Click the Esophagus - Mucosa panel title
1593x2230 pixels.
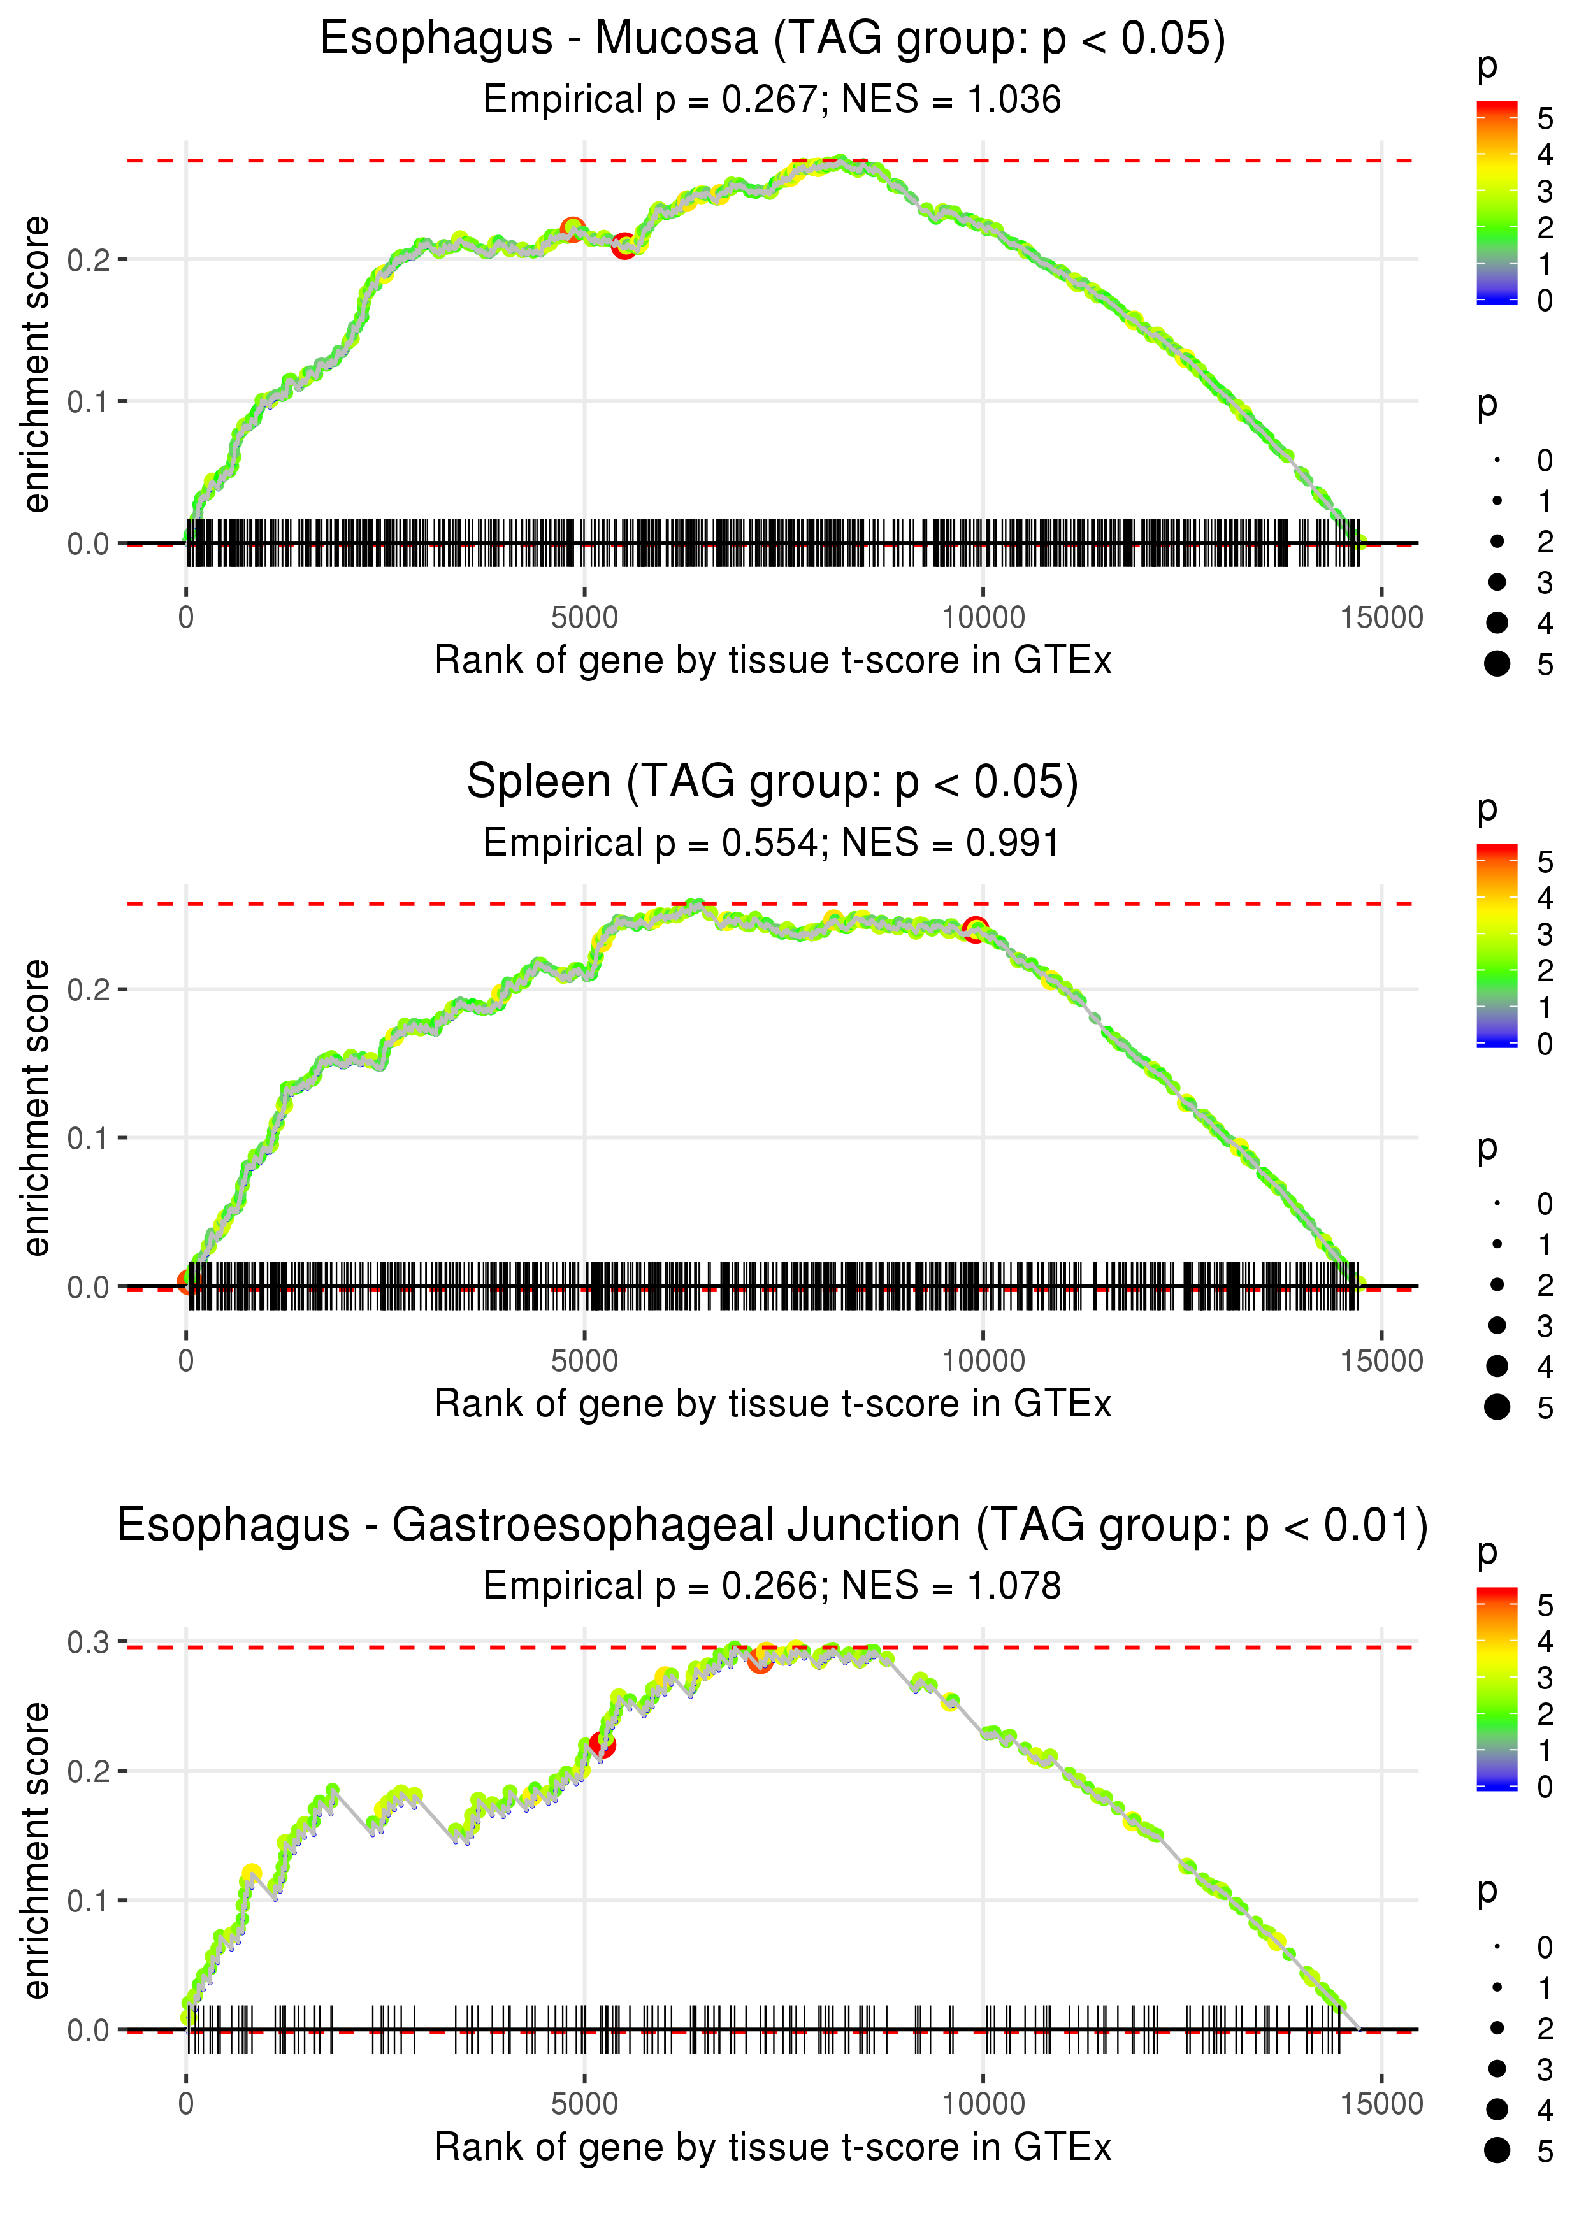[773, 40]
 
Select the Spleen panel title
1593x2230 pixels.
[773, 782]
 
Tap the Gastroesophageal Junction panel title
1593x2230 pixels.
[773, 1526]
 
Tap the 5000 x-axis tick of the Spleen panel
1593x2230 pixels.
[584, 1361]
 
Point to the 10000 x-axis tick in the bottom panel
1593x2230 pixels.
[983, 2104]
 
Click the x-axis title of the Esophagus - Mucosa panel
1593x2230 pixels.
[773, 661]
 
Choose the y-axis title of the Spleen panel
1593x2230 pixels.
[36, 1107]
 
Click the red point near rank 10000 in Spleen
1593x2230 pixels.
[975, 930]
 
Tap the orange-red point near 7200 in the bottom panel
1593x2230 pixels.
[760, 1661]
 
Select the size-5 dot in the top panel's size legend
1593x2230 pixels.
[1497, 664]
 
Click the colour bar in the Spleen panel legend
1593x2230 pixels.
[1497, 946]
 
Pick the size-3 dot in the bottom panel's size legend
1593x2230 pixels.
[1497, 2068]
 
